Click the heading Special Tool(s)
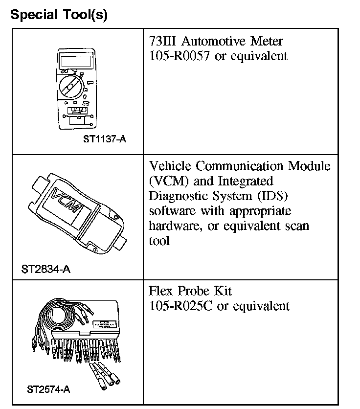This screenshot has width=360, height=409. click(59, 15)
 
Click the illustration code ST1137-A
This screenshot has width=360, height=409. click(104, 139)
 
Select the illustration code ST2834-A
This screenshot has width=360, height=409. click(46, 269)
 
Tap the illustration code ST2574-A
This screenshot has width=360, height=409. click(48, 390)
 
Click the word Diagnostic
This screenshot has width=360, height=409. click(178, 196)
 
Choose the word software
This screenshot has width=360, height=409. click(171, 211)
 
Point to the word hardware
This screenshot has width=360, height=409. click(172, 227)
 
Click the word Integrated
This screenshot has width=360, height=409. click(247, 181)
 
